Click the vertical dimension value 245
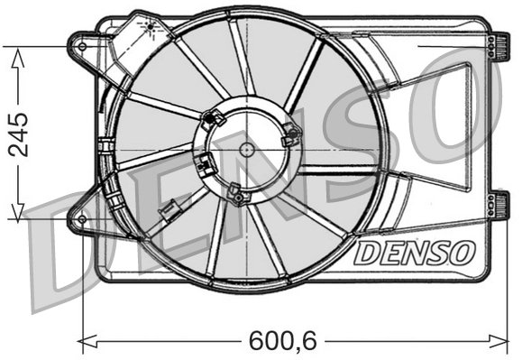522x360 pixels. [16, 134]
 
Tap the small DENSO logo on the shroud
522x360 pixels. [412, 253]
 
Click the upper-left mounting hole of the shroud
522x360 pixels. [83, 45]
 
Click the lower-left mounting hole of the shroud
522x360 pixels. [82, 219]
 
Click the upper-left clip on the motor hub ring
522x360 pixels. [215, 116]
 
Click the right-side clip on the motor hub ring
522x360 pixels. [291, 135]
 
